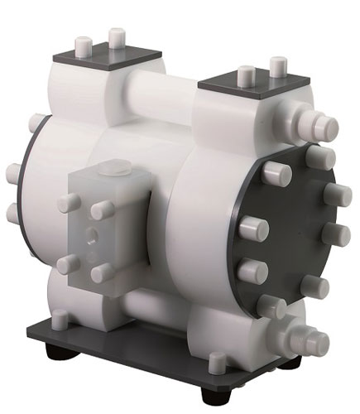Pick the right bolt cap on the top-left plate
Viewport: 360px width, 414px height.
click(118, 36)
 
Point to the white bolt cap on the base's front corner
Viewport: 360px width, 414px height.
click(218, 362)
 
